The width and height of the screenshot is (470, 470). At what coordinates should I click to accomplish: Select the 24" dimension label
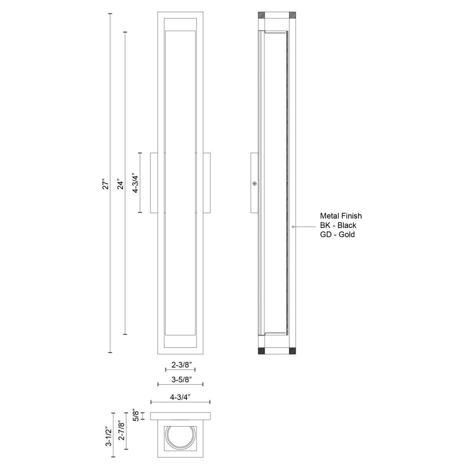[120, 184]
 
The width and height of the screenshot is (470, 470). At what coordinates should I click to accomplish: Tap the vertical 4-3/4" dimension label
[135, 183]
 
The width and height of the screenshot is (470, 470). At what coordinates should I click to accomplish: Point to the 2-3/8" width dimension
[181, 364]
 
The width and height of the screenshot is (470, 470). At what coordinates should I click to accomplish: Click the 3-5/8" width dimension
[181, 380]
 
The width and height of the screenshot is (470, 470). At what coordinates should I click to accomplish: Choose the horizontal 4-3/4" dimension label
[181, 396]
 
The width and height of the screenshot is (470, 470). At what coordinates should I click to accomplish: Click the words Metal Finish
[341, 216]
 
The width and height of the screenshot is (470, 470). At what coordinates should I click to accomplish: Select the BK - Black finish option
[338, 225]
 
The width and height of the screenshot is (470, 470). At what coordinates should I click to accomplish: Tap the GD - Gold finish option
[337, 235]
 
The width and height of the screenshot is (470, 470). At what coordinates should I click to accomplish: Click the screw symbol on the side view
[255, 183]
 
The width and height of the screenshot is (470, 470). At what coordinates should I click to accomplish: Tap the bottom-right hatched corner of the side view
[293, 351]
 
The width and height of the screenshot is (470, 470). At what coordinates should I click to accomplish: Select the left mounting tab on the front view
[154, 183]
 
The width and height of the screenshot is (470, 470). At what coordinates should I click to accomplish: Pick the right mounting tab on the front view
[206, 183]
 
